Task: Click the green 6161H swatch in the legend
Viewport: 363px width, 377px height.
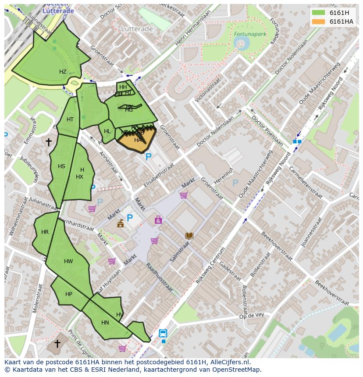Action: tap(318, 13)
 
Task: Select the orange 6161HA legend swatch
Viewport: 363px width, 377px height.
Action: tap(318, 21)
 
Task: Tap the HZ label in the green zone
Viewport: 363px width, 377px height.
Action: tap(63, 72)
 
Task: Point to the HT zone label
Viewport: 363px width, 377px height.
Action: tap(70, 120)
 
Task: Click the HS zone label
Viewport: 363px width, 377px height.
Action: tap(61, 166)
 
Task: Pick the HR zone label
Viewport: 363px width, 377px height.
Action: tap(45, 232)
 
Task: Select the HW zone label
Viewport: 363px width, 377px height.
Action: tap(68, 261)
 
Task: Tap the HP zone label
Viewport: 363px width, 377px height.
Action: tap(69, 294)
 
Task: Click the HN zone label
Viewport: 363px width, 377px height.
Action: tap(105, 323)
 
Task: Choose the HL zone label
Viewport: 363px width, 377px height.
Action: tap(107, 131)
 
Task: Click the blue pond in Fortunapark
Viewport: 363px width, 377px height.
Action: tap(240, 42)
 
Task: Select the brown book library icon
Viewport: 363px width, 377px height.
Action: tap(189, 236)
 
